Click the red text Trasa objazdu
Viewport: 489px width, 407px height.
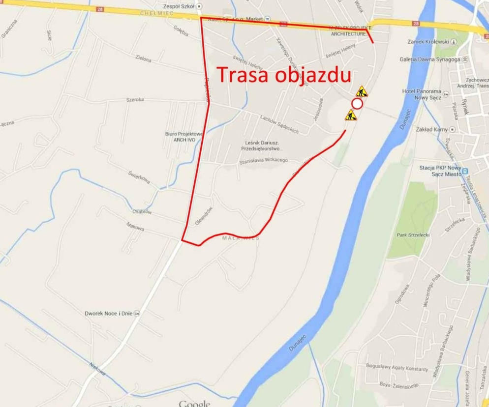284,75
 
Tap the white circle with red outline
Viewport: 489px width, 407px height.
357,104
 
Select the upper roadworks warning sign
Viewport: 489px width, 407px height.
362,91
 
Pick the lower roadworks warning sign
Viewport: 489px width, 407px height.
351,116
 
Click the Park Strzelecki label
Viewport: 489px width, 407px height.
413,235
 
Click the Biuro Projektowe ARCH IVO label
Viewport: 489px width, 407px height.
184,137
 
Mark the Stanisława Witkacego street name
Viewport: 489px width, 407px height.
263,160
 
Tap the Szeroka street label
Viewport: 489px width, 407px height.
135,99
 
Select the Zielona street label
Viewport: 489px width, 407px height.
143,58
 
